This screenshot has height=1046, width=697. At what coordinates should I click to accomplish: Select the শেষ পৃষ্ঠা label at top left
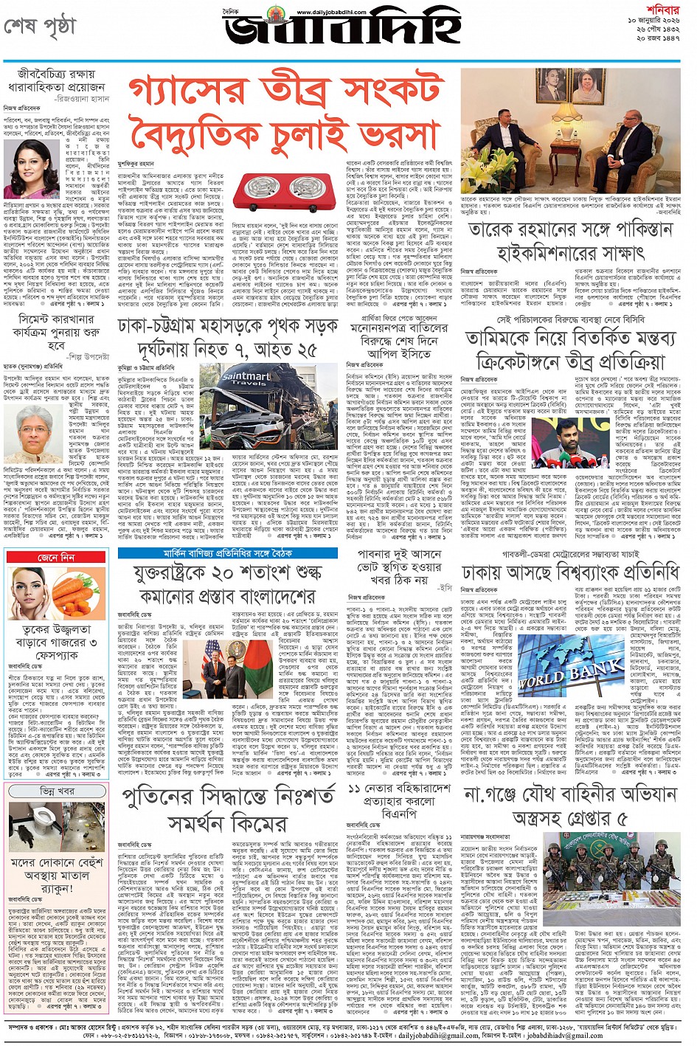pyautogui.click(x=40, y=27)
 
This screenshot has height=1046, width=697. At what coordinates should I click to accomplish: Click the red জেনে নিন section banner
pyautogui.click(x=57, y=558)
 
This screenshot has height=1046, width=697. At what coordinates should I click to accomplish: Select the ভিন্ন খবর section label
pyautogui.click(x=57, y=791)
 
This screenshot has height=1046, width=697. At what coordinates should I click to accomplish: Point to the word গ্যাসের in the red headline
pyautogui.click(x=174, y=91)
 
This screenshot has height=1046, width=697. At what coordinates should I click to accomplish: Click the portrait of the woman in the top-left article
pyautogui.click(x=31, y=170)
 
